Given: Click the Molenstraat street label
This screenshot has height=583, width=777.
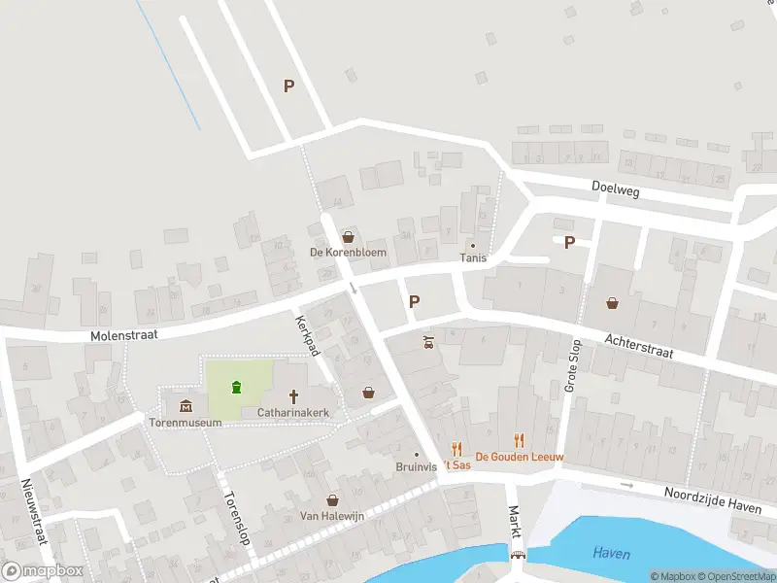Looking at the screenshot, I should pos(123,333).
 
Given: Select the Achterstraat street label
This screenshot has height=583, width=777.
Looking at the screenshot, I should pos(637,347).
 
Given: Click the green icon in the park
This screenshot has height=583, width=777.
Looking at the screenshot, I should pos(236,388).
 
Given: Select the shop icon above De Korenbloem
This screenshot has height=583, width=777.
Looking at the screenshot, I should pos(348,236).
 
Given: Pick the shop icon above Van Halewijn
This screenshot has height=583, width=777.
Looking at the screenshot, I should pos(332,499).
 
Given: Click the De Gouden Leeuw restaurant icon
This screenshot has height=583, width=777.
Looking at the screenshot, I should pos(519,440).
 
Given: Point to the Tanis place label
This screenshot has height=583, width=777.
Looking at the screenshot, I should pos(473,257).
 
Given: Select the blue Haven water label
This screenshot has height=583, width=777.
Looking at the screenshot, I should pos(611,554).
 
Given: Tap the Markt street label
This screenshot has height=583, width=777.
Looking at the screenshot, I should pos(515,523).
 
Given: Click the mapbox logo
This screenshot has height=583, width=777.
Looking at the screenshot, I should pos(43,571).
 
